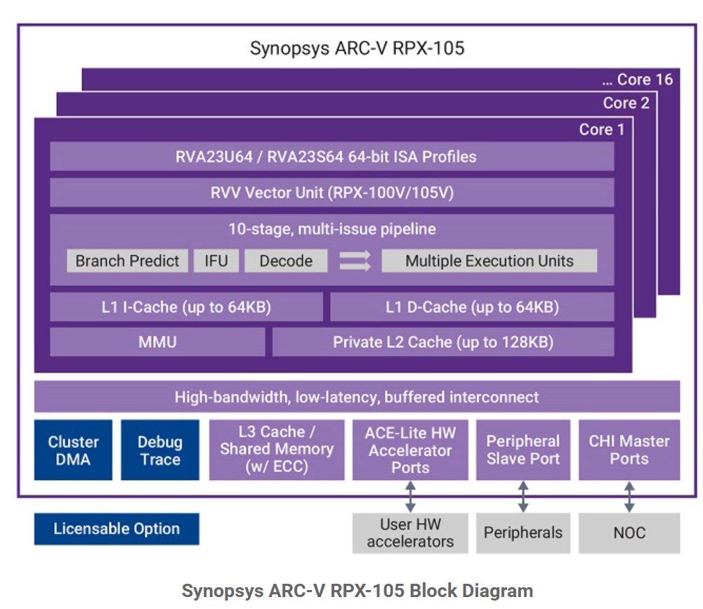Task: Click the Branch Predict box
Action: click(127, 260)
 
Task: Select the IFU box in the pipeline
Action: click(216, 260)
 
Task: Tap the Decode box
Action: click(286, 260)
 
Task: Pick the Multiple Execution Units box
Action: click(489, 260)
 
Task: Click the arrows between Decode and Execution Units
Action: click(355, 260)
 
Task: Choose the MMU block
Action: click(157, 342)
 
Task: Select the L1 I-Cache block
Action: click(187, 307)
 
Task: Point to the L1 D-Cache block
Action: click(472, 307)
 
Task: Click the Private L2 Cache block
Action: click(443, 342)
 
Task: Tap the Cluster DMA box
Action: click(73, 450)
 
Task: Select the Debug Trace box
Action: click(160, 450)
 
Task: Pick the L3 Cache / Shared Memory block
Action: click(277, 450)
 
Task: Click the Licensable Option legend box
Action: click(117, 529)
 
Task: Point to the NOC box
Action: click(629, 533)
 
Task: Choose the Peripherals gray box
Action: click(523, 533)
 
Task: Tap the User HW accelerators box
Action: click(410, 533)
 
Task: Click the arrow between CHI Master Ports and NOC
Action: click(629, 497)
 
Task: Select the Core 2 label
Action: click(626, 103)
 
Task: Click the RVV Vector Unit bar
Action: click(331, 192)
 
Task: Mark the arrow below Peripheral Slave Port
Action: click(523, 497)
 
